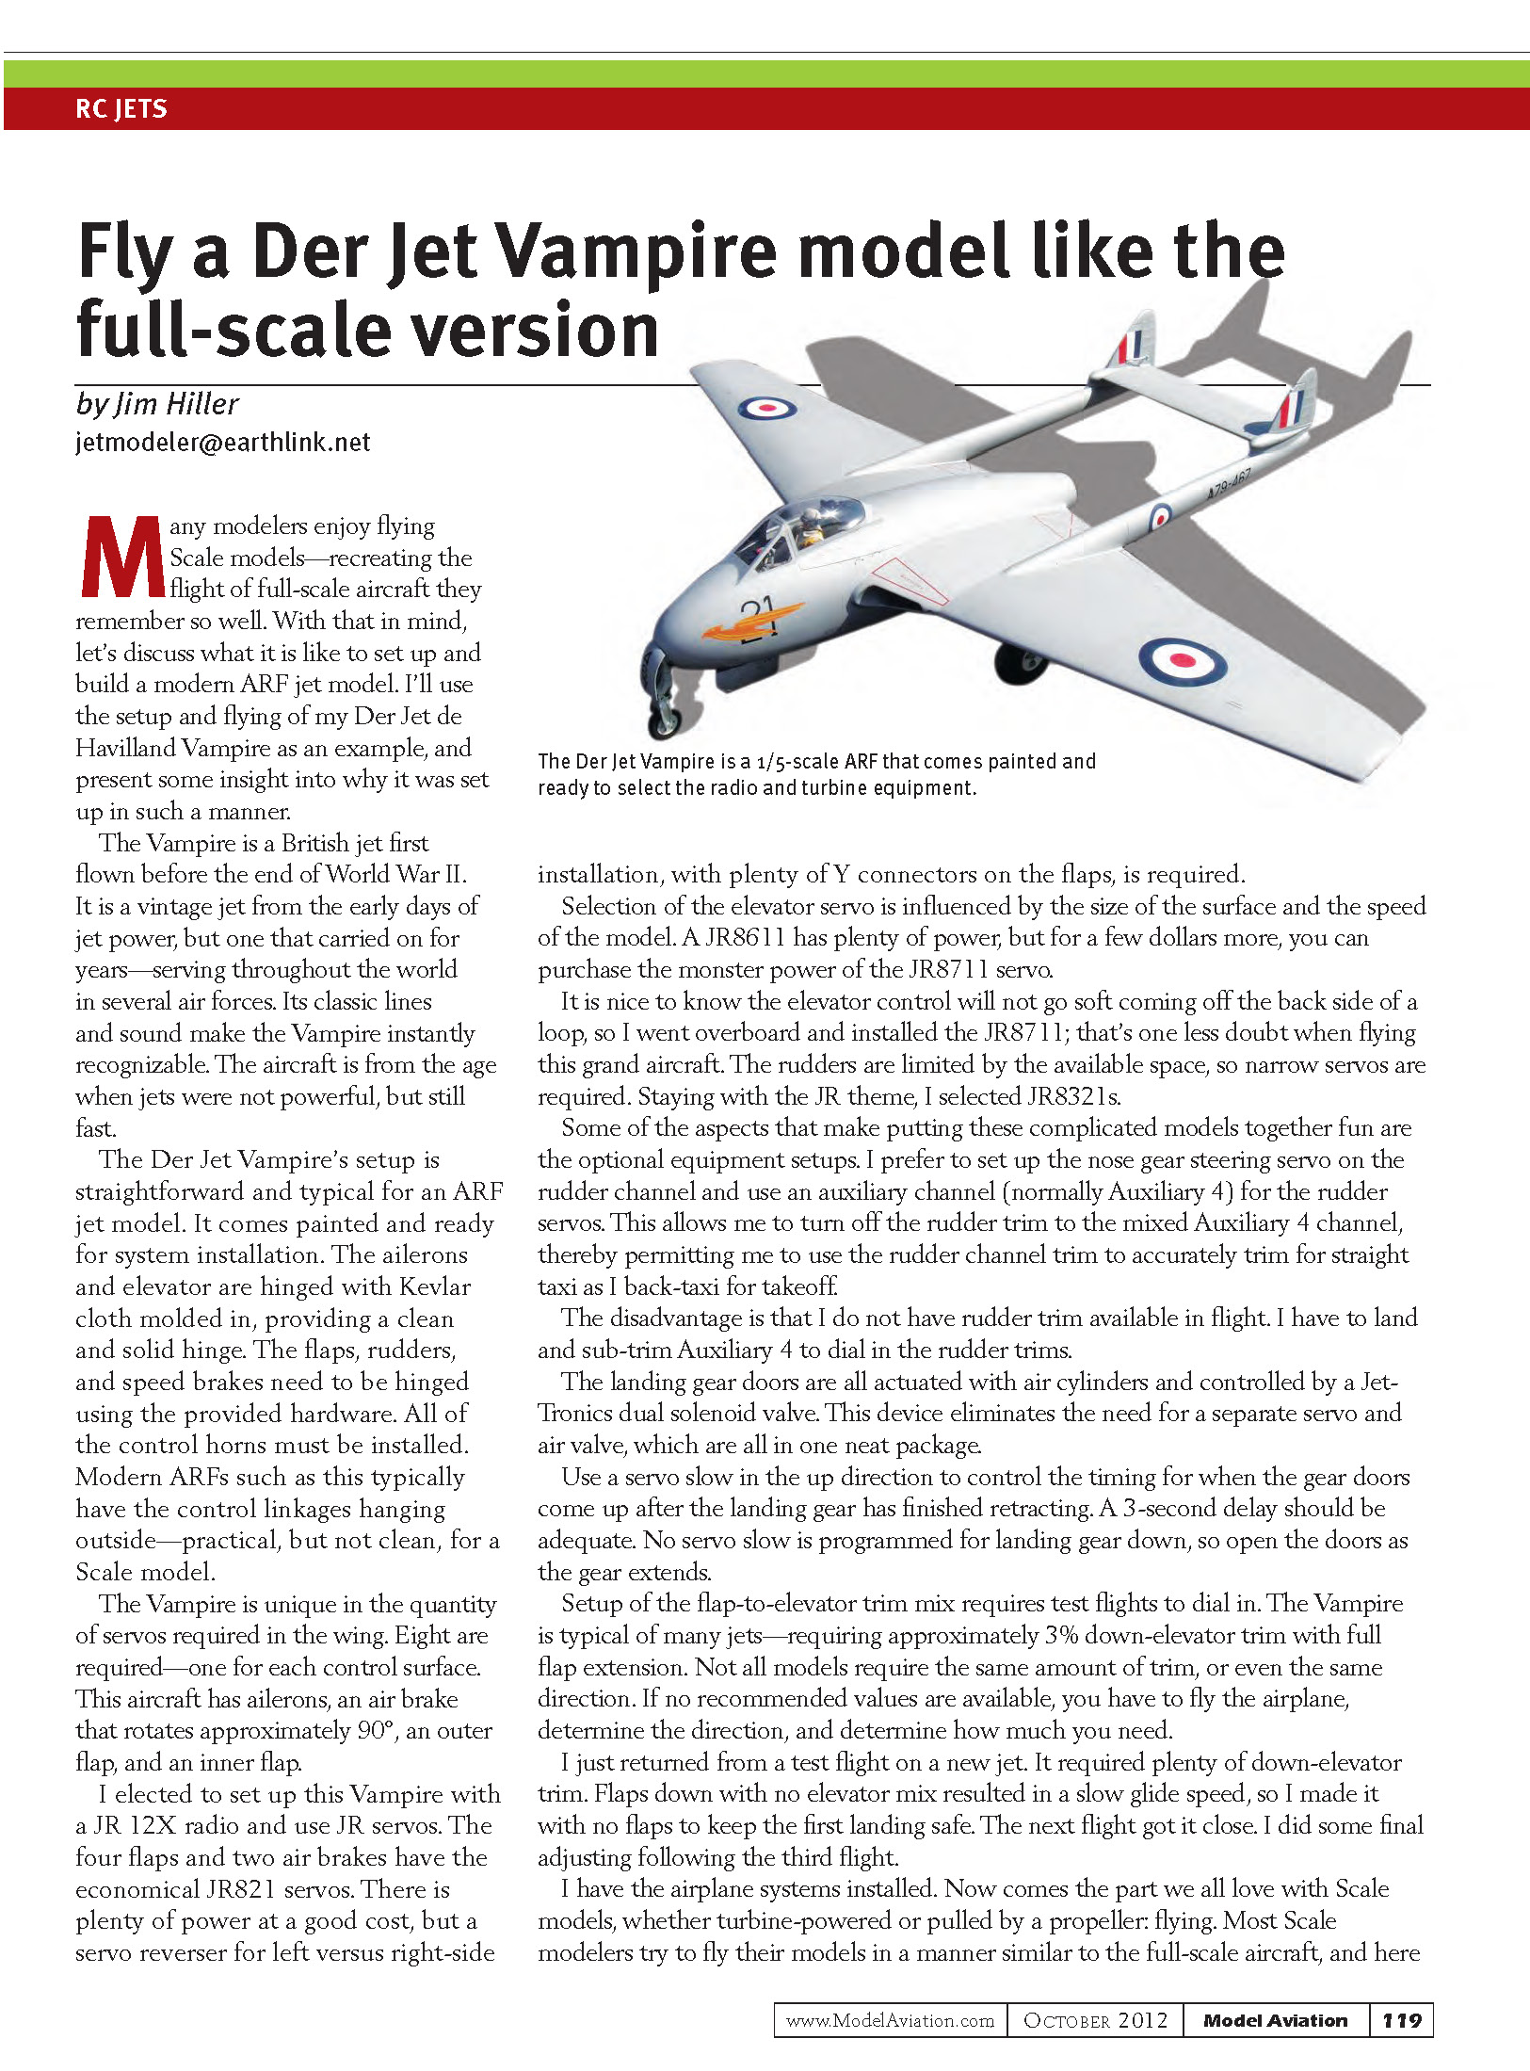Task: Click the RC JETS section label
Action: coord(121,109)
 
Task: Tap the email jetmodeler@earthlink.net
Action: coord(223,443)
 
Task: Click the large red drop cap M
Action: coord(120,558)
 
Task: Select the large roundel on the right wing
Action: coord(1182,662)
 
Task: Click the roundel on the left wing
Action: coord(766,408)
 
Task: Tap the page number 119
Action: coord(1401,2020)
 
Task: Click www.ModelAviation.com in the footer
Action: coord(890,2020)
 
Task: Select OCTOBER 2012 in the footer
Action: coord(1095,2020)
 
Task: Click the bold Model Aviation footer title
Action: coord(1275,2020)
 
